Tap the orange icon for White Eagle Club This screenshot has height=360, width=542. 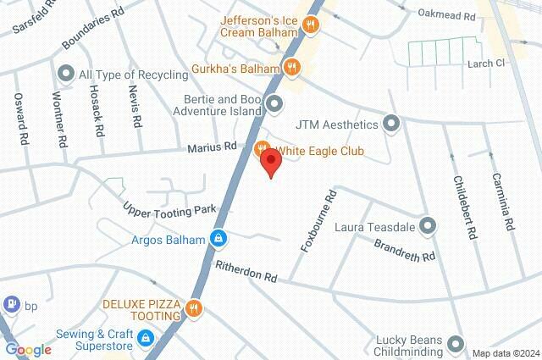[x=263, y=150]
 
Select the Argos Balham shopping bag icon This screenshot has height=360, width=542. [x=218, y=239]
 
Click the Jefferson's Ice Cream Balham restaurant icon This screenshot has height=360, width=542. [x=312, y=25]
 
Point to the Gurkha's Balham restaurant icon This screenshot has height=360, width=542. [x=291, y=65]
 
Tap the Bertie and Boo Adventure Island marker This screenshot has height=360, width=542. [x=274, y=104]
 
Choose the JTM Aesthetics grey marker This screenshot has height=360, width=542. [x=390, y=125]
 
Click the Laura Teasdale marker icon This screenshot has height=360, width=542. [x=428, y=226]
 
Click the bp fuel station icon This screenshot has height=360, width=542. [x=11, y=302]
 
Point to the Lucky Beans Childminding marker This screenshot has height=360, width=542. [x=456, y=344]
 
